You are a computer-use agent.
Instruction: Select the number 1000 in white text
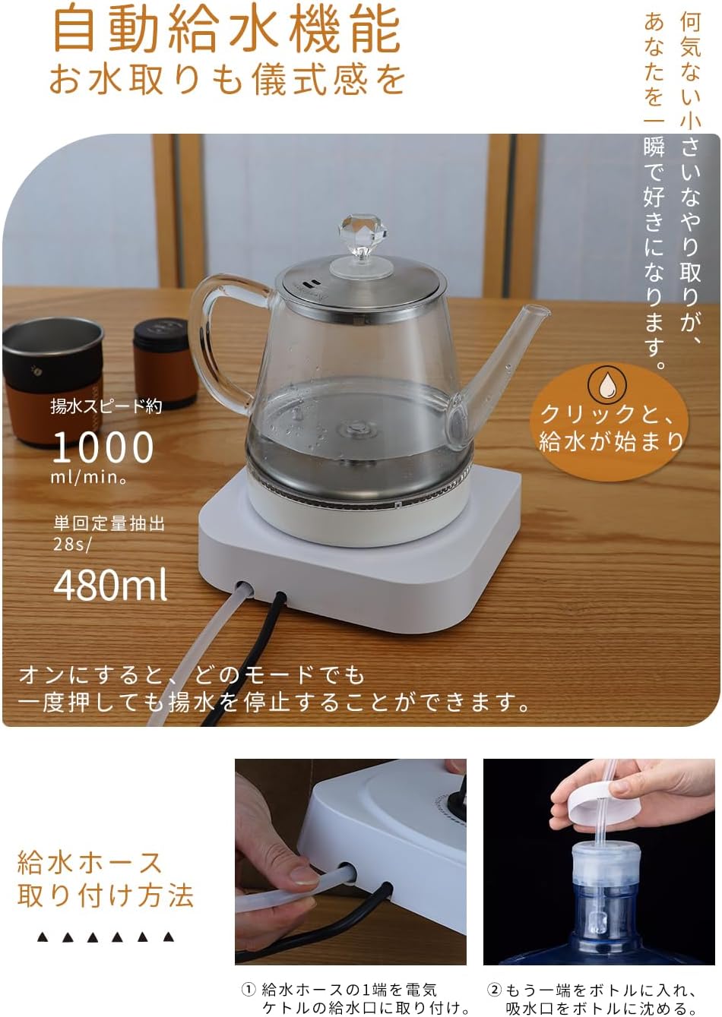103,447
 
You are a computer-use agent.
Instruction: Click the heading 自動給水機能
226,31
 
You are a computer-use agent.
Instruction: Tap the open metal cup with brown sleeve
52,381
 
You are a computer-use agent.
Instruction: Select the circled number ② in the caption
494,989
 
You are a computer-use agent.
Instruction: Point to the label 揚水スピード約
106,406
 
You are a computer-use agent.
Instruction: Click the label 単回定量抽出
109,524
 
